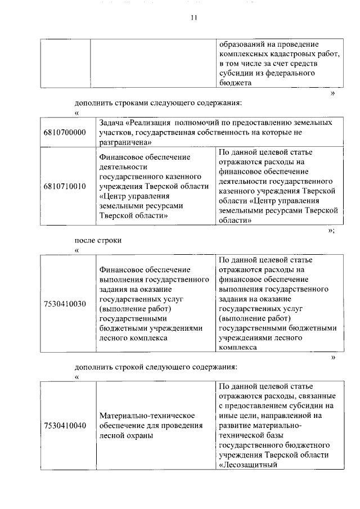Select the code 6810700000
[64, 132]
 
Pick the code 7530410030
[64, 304]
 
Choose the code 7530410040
[64, 425]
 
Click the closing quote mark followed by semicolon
[331, 231]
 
